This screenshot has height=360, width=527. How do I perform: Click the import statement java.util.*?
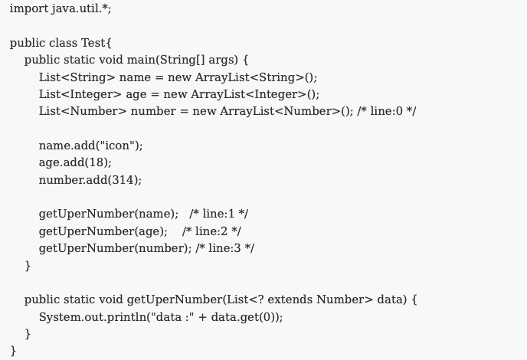[x=61, y=8]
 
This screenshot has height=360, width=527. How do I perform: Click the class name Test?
[x=93, y=43]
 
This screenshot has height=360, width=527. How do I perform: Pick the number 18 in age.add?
[x=98, y=162]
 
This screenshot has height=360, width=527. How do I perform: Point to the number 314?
[x=123, y=180]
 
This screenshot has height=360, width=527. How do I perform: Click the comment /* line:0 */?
[x=387, y=111]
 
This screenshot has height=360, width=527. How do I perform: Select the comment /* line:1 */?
[x=219, y=214]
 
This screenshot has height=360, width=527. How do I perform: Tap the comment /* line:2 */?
[x=211, y=231]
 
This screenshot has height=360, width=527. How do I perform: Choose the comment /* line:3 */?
[x=225, y=248]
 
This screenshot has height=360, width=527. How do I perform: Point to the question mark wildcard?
[x=260, y=299]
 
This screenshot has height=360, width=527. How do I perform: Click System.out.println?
[x=93, y=317]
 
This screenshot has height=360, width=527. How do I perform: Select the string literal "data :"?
[x=173, y=317]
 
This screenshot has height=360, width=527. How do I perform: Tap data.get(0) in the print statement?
[x=244, y=317]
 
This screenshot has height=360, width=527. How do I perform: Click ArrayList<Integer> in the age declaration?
[x=248, y=94]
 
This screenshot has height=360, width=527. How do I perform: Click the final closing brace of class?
[x=14, y=351]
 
